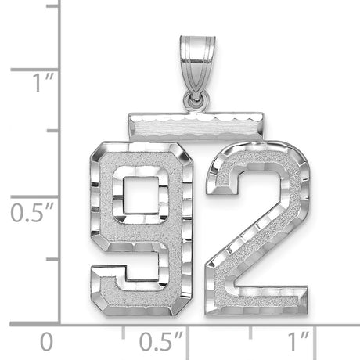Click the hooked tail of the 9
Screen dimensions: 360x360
110,277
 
